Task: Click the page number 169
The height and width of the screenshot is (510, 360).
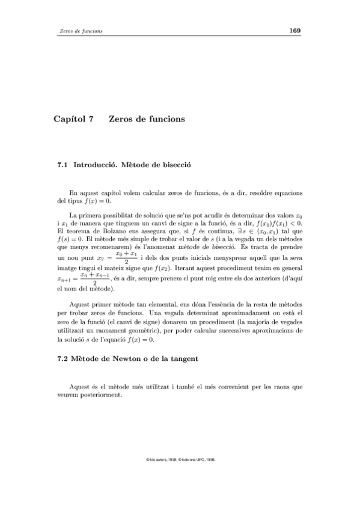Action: (294, 31)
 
